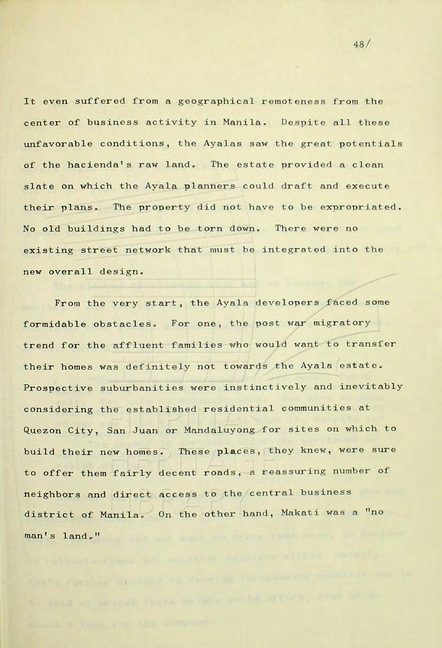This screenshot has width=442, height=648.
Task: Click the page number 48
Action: pyautogui.click(x=358, y=45)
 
